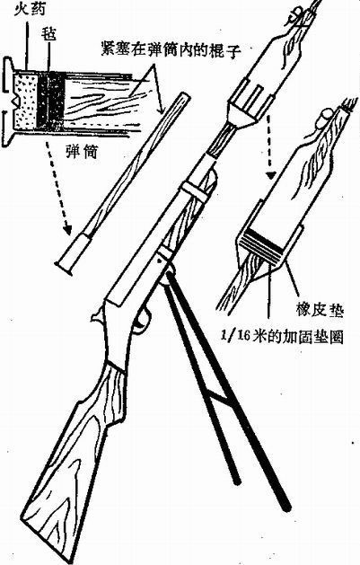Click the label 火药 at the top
30,8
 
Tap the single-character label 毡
48,35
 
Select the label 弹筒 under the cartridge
81,153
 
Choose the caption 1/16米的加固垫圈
282,336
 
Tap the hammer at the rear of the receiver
96,317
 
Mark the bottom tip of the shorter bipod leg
236,481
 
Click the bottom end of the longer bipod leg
286,508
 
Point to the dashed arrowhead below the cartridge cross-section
67,228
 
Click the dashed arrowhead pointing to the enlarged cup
271,175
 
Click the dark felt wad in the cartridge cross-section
50,100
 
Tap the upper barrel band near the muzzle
197,189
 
